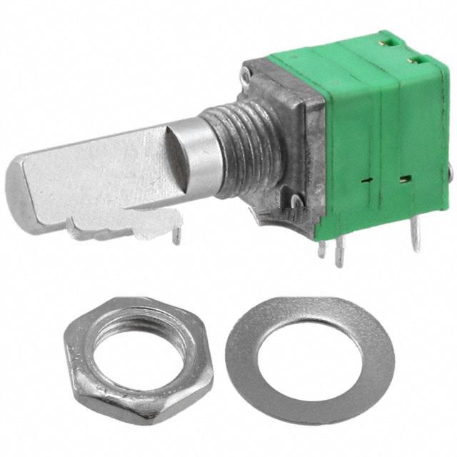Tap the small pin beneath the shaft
174,236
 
